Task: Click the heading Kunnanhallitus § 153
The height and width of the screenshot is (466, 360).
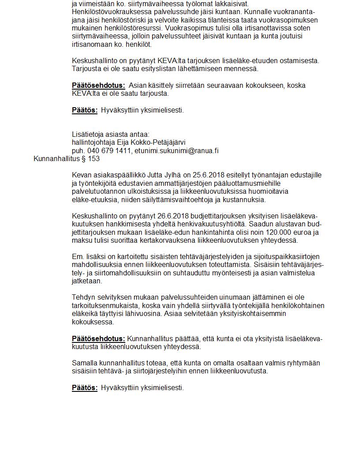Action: point(67,159)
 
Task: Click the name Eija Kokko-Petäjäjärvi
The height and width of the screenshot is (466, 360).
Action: point(151,142)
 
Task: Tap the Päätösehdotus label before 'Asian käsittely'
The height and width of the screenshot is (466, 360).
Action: point(98,85)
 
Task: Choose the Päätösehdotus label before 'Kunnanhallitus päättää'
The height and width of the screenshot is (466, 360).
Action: point(98,338)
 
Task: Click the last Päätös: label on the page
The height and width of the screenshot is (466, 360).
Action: point(85,387)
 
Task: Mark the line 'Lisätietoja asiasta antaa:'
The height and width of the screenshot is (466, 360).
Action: point(111,134)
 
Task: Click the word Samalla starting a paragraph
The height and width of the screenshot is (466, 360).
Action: point(85,363)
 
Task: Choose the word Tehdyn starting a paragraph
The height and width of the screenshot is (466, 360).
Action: point(83,297)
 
